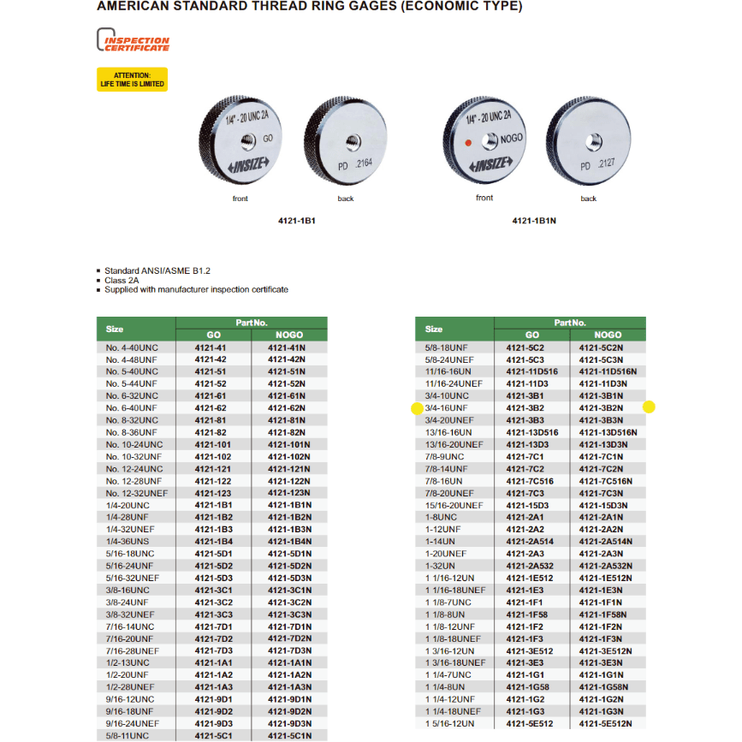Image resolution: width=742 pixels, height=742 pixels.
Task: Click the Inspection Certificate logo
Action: click(133, 42)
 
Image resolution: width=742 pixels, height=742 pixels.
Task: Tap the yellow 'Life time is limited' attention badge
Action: click(132, 80)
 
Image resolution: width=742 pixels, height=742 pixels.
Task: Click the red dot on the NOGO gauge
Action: click(466, 142)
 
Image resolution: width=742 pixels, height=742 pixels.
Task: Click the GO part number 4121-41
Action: click(212, 348)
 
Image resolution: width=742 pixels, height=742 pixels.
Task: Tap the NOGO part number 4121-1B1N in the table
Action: click(288, 505)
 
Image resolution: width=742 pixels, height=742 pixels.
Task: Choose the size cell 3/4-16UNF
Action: click(447, 408)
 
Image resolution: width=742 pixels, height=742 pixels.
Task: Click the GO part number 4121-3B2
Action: click(525, 408)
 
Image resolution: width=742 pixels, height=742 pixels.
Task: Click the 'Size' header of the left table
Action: click(116, 329)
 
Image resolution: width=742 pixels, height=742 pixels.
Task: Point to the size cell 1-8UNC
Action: click(441, 517)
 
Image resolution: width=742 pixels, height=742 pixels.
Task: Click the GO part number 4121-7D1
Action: click(212, 626)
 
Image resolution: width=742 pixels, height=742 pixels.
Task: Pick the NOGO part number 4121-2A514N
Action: click(607, 542)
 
